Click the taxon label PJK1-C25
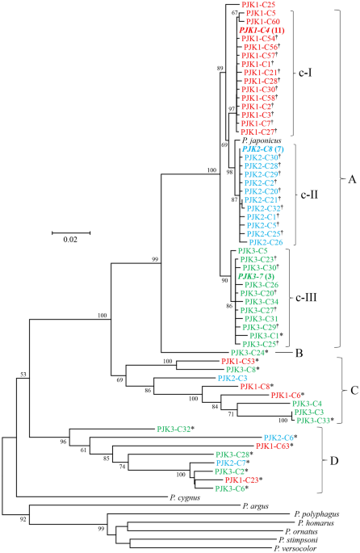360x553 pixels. (x=258, y=5)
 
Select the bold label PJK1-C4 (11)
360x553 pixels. (x=262, y=31)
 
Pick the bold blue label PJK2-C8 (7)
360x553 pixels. (x=263, y=149)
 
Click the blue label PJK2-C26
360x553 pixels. (x=266, y=242)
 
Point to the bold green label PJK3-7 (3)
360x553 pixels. (x=256, y=276)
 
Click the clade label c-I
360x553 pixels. (x=305, y=73)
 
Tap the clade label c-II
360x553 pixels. (x=309, y=195)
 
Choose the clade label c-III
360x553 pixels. (x=306, y=298)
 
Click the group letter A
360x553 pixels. (x=352, y=179)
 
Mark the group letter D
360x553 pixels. (x=334, y=461)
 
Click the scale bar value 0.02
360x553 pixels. (x=70, y=240)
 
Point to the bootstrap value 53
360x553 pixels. (x=23, y=375)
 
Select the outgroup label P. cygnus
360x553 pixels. (x=185, y=498)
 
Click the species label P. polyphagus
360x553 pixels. (x=316, y=514)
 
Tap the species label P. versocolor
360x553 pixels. (x=295, y=548)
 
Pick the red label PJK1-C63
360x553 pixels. (x=274, y=446)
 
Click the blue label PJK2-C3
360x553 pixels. (x=232, y=378)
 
